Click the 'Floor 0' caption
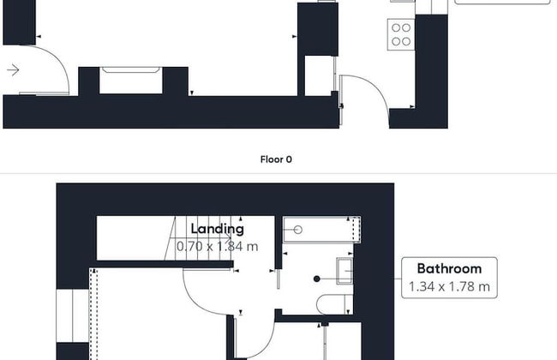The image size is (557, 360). tap(276, 159)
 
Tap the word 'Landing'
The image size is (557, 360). tap(218, 229)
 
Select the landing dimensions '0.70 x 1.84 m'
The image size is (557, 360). tap(218, 246)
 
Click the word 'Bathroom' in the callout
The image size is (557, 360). tap(449, 268)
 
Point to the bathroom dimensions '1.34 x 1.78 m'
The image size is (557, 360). tap(449, 286)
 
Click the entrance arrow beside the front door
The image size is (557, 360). tap(13, 70)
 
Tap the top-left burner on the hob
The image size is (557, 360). tap(396, 27)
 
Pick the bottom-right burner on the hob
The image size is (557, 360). tap(406, 42)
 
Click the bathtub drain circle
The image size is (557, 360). tap(298, 230)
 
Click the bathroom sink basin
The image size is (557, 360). tap(344, 271)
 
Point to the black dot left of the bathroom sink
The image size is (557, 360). tap(317, 279)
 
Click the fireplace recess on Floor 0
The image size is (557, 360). tap(131, 81)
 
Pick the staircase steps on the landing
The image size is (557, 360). tap(201, 238)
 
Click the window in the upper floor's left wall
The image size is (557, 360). tap(73, 315)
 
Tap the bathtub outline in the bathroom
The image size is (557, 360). tap(322, 230)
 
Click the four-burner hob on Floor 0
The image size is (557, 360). tap(401, 34)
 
